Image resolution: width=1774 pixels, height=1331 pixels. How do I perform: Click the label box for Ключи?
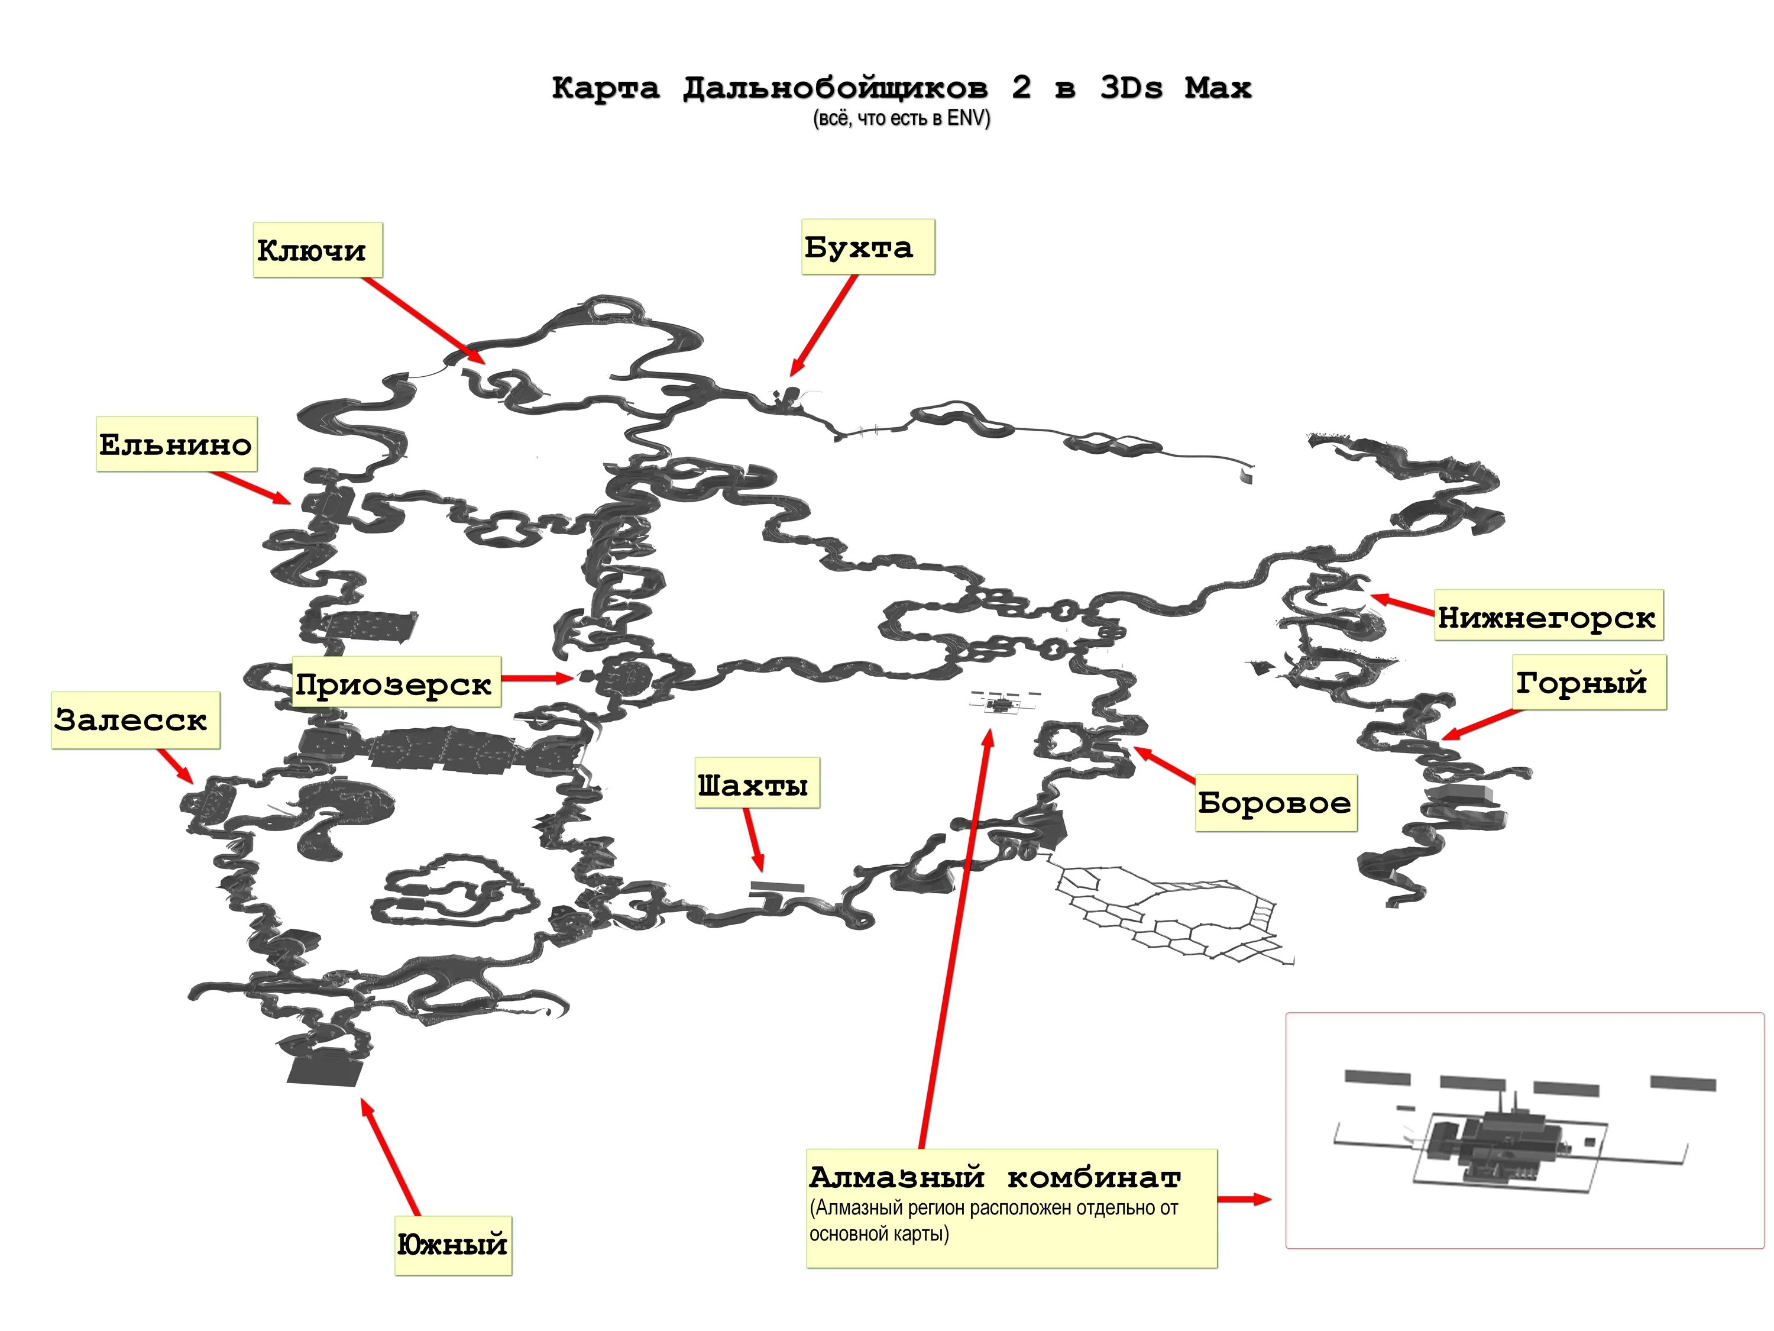pos(318,250)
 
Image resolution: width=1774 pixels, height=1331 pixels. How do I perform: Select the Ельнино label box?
pos(176,444)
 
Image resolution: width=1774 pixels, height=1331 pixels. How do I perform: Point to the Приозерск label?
pos(396,683)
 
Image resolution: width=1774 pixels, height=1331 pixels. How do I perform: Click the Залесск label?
pos(135,720)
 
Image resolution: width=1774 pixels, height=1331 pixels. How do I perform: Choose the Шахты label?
pos(756,783)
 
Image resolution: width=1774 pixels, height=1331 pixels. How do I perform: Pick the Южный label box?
pos(452,1245)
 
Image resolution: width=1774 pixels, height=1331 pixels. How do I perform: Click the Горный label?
pos(1587,682)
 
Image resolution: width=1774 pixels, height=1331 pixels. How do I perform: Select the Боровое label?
pos(1275,802)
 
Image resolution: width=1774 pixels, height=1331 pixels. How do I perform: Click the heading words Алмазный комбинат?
pos(995,1177)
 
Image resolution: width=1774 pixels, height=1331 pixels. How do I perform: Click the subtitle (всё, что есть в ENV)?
pos(901,119)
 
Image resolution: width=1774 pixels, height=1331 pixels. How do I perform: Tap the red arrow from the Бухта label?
pos(824,325)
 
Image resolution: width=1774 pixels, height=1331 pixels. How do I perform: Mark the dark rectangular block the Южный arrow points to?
pos(324,1070)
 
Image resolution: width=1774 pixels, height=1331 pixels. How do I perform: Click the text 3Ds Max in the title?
pos(1176,86)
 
